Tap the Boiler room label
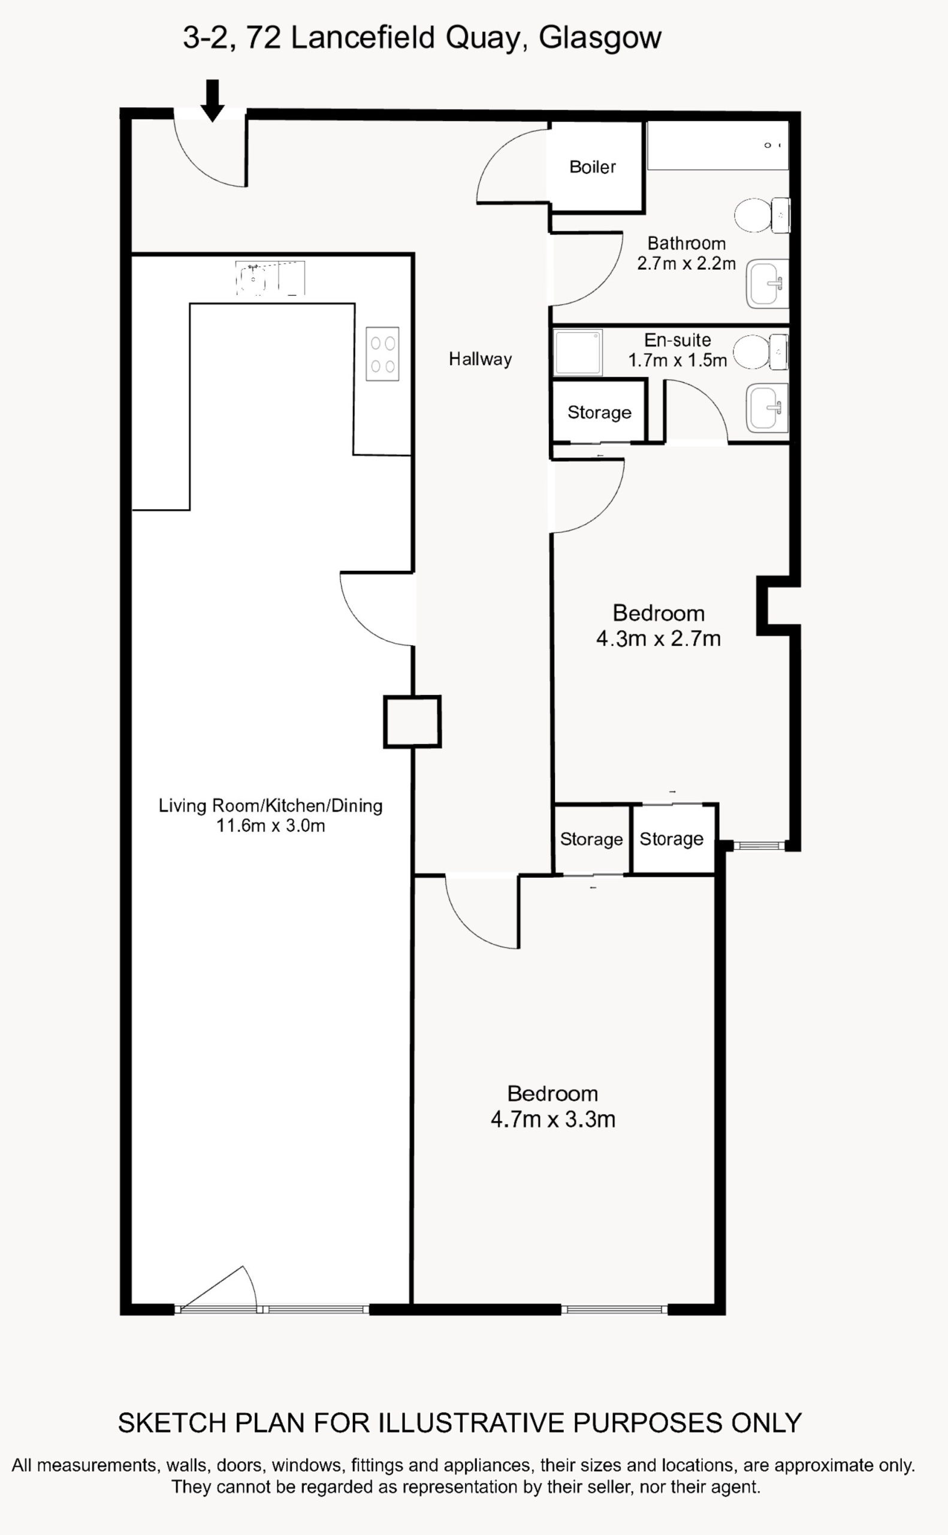pyautogui.click(x=593, y=167)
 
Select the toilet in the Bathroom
pyautogui.click(x=762, y=215)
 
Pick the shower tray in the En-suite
pyautogui.click(x=578, y=353)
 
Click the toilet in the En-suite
pyautogui.click(x=760, y=352)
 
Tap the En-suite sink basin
pyautogui.click(x=767, y=408)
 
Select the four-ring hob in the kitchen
pyautogui.click(x=382, y=354)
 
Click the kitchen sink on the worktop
pyautogui.click(x=270, y=278)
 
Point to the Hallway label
pyautogui.click(x=480, y=359)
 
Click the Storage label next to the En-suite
pyautogui.click(x=599, y=412)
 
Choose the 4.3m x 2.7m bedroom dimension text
pyautogui.click(x=659, y=639)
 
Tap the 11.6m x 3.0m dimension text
pyautogui.click(x=271, y=826)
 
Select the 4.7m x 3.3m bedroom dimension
pyautogui.click(x=553, y=1119)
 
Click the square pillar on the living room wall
pyautogui.click(x=412, y=721)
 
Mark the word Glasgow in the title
pyautogui.click(x=600, y=38)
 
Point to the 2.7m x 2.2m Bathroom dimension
pyautogui.click(x=687, y=263)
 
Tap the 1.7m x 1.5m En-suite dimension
pyautogui.click(x=678, y=360)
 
